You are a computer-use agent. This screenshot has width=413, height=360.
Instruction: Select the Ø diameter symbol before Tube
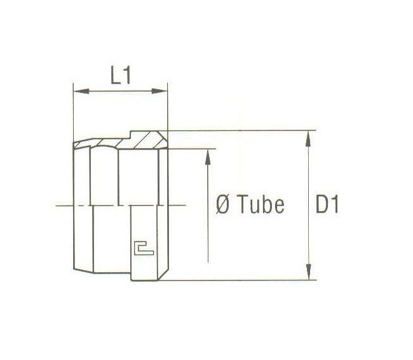tap(223, 205)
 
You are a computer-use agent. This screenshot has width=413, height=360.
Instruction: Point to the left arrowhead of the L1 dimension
tap(78, 92)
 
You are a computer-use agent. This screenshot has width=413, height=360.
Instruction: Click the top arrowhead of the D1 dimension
tap(309, 136)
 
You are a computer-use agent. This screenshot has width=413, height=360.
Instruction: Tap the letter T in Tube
tap(244, 205)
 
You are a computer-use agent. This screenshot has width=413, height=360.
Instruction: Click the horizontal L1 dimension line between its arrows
tap(120, 92)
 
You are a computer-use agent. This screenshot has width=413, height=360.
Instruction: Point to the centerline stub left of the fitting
tap(63, 205)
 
